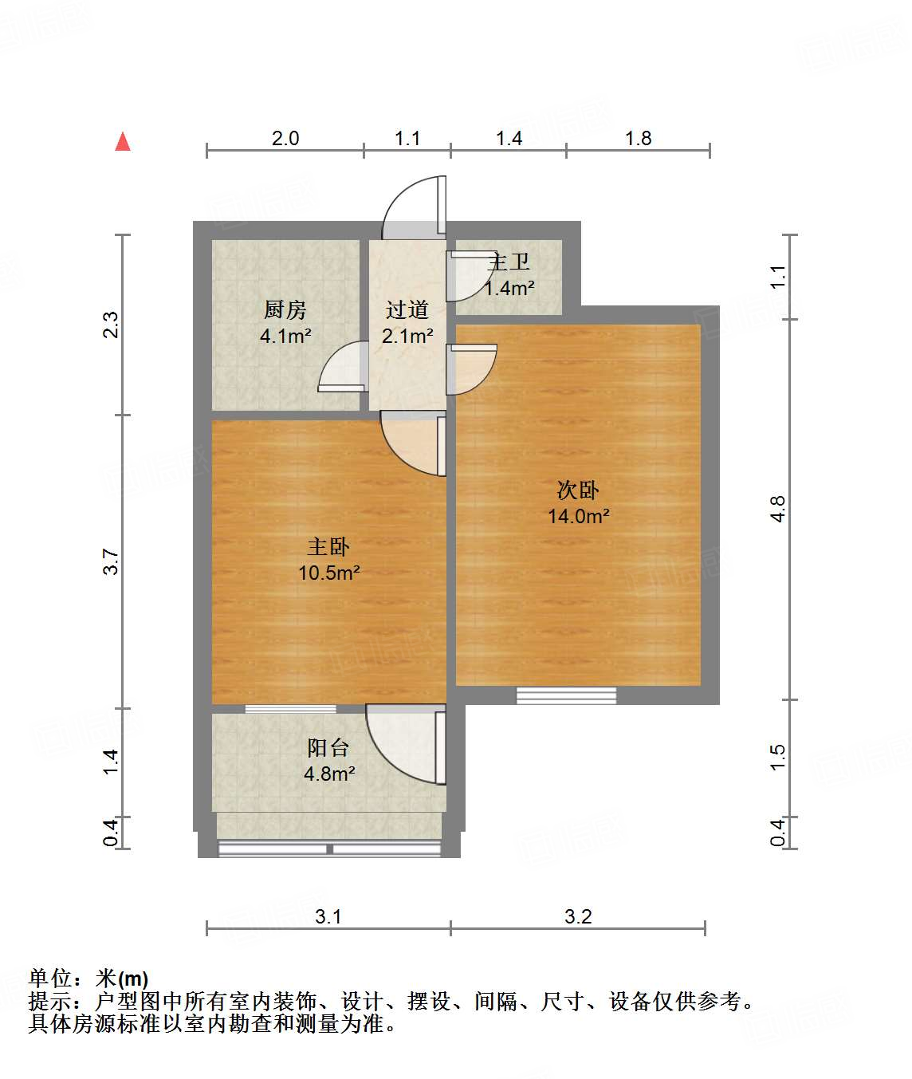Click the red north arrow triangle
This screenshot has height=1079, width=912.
(x=123, y=142)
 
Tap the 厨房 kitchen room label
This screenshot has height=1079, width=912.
(x=285, y=309)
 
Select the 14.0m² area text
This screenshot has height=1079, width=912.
(x=578, y=516)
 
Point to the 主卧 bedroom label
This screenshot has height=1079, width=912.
(x=328, y=547)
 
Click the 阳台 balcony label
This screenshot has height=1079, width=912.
(x=328, y=748)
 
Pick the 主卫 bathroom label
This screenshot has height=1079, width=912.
(x=509, y=262)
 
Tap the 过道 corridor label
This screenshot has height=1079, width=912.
(x=407, y=309)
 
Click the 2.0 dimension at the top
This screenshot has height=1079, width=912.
(x=285, y=139)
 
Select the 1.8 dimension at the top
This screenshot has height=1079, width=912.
(x=638, y=139)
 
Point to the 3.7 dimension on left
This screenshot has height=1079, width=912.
(x=111, y=561)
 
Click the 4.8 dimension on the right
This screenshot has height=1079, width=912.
(x=778, y=509)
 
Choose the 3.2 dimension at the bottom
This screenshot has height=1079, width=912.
(x=578, y=916)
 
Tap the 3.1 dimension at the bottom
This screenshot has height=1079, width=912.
(x=328, y=916)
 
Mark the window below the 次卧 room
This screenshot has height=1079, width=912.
(x=566, y=695)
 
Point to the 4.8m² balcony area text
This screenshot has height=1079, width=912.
(x=329, y=774)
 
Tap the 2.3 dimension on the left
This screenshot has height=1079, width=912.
(x=111, y=325)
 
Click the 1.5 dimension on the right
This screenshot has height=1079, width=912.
(x=778, y=757)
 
